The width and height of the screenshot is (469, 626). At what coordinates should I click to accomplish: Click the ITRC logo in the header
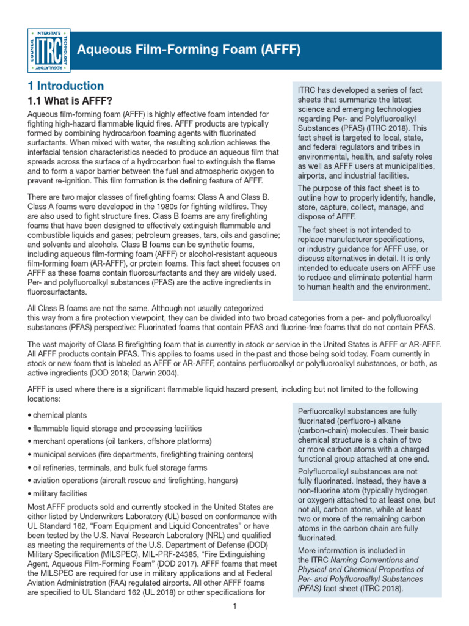coord(48,49)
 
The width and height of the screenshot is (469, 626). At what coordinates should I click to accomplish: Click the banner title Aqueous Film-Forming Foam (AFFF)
coord(188,50)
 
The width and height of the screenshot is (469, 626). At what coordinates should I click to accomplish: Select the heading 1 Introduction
coord(66,86)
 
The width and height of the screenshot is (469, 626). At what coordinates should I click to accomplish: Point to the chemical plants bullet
coord(56,414)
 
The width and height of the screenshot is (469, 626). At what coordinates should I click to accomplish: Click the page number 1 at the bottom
coord(234,606)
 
